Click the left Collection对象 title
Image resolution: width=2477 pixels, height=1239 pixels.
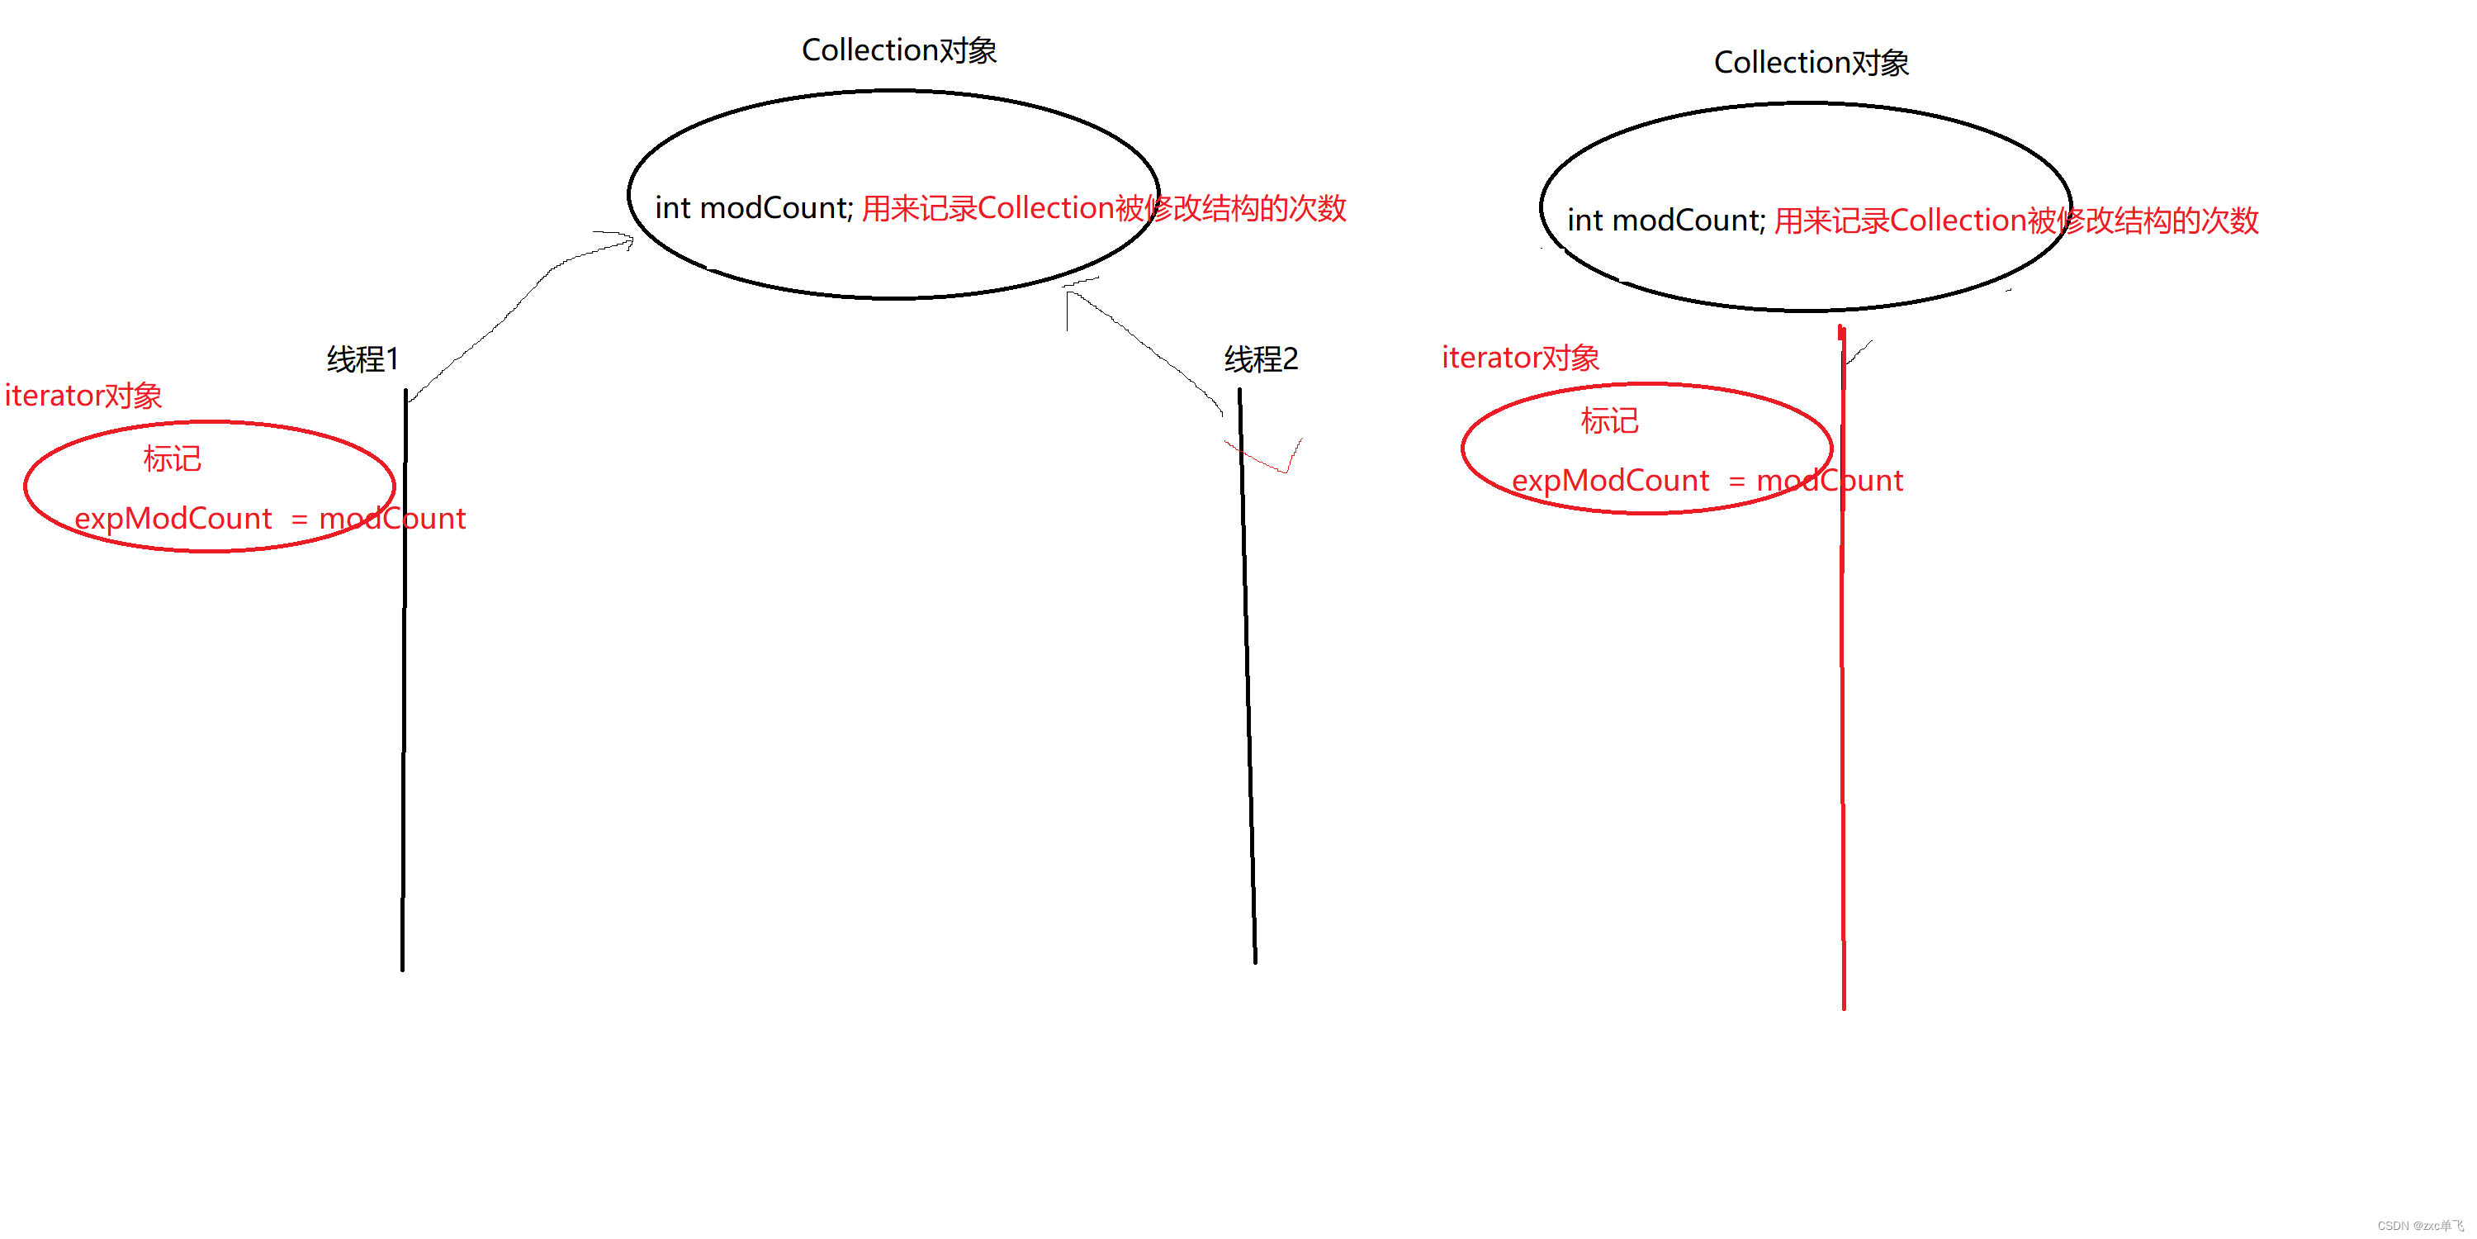click(x=898, y=50)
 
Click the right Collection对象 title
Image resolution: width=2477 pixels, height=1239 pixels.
click(x=1811, y=63)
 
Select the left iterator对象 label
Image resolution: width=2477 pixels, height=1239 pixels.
click(x=83, y=396)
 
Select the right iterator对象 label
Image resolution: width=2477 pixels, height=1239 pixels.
click(x=1520, y=358)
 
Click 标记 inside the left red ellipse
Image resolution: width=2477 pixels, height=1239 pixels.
click(x=172, y=459)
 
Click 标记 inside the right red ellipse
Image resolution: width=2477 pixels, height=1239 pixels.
click(x=1608, y=421)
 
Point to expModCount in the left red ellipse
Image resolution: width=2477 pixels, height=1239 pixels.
click(x=173, y=519)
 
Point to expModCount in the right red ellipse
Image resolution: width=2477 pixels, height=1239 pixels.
click(x=1611, y=481)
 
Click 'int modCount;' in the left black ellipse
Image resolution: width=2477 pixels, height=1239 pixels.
click(x=753, y=208)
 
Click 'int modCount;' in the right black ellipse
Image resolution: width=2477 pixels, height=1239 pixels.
click(x=1665, y=221)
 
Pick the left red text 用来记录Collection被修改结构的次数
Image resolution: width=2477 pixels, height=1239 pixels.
click(x=1103, y=208)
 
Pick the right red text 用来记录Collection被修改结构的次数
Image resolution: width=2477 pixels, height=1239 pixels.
click(x=2015, y=221)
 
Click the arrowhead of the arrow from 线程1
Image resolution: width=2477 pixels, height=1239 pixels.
click(x=625, y=240)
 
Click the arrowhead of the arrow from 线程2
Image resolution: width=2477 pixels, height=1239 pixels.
click(x=1073, y=293)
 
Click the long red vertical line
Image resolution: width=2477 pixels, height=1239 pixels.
click(x=1842, y=721)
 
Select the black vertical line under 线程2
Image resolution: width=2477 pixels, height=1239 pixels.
click(x=1248, y=673)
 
